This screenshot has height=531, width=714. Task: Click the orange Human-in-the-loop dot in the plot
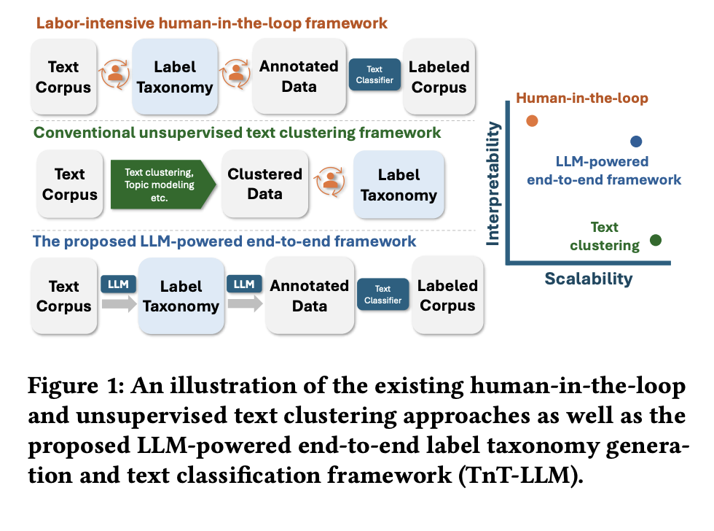tap(533, 121)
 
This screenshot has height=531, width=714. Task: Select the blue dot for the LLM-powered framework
tap(636, 142)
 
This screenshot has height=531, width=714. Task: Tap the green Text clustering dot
tap(655, 240)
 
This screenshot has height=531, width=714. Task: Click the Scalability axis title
tap(589, 279)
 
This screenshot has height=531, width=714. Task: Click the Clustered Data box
tap(264, 185)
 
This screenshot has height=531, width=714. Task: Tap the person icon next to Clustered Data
tap(331, 185)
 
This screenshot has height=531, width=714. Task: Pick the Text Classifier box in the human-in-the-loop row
tap(374, 75)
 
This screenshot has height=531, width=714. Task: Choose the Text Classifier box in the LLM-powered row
tap(383, 295)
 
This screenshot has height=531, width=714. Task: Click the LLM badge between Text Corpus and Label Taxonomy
tap(117, 283)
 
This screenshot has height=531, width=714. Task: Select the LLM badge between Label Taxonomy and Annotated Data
tap(244, 283)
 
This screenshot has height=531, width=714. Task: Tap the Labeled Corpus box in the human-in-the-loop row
tap(438, 77)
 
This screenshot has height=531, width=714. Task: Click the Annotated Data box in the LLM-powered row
tap(310, 295)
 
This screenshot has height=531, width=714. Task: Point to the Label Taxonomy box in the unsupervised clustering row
tap(399, 185)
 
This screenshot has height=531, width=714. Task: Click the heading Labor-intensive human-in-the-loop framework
tap(211, 23)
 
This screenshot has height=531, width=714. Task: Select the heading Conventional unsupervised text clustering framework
tap(238, 133)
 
